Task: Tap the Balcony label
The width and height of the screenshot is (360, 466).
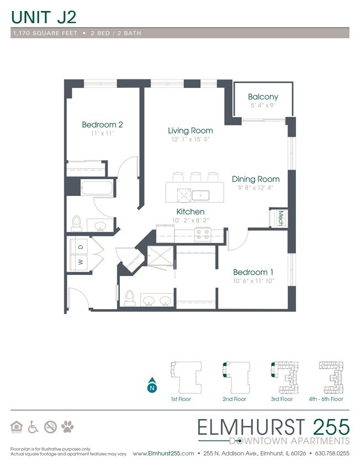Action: point(262,97)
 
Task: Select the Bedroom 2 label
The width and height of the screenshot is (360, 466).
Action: point(102,125)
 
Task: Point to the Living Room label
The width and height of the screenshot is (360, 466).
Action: point(190,131)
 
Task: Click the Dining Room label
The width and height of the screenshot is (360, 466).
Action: point(255,179)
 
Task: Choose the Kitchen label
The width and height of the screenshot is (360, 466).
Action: point(190,211)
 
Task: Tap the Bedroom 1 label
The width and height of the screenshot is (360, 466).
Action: point(253,272)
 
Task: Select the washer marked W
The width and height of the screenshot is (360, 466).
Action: point(80,262)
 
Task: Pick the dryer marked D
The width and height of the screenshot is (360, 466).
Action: point(80,246)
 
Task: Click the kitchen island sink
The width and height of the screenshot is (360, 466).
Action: point(199,194)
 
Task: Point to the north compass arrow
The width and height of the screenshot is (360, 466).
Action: point(151,386)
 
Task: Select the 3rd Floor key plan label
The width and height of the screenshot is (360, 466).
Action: point(282,399)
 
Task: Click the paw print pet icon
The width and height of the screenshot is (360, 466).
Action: point(68,426)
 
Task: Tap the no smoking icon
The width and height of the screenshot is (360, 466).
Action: point(50,426)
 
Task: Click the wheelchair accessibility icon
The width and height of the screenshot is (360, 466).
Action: point(33,426)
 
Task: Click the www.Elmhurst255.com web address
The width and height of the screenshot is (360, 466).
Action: point(163,453)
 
